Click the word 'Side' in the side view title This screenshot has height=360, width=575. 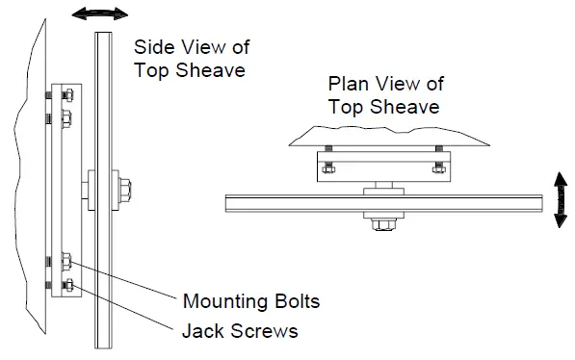point(152,46)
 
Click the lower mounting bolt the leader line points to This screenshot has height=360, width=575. point(65,260)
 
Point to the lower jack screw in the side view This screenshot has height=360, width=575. point(65,285)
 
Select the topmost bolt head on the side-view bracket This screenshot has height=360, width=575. point(65,94)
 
